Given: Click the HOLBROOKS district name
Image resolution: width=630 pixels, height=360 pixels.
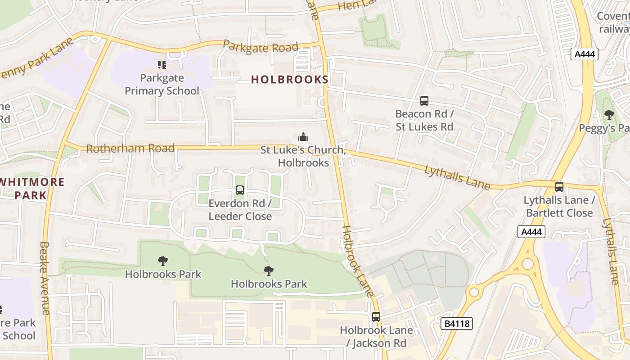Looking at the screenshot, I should pos(289,80).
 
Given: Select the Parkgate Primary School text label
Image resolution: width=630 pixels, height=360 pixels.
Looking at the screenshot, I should pos(162,84).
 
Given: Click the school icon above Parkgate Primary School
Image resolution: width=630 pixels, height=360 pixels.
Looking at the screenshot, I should pos(162,65).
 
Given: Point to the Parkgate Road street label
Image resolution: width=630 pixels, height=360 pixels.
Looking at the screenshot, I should pos(261,47).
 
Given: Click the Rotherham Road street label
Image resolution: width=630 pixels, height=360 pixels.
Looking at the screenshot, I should pos(130,148).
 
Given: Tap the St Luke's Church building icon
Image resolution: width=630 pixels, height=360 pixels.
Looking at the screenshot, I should pos(303,137).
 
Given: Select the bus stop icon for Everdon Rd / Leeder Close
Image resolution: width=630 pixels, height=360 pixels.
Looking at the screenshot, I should pos(240,190).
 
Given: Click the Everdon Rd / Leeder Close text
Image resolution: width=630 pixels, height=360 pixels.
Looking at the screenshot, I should pos(240,210).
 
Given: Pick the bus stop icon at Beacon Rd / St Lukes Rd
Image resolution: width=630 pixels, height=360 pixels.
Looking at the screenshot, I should pos(424,101).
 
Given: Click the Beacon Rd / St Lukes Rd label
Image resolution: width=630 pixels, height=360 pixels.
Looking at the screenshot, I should pos(424,120).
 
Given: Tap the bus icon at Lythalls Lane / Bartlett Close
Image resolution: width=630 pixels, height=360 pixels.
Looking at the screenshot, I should pos(559,187).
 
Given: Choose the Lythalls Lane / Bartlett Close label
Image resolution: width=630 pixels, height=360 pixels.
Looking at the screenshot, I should pos(559,206).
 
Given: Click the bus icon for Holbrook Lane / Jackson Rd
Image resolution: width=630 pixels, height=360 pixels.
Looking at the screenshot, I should pos(376,317).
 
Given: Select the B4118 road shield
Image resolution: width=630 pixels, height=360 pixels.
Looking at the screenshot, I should pos(456,323).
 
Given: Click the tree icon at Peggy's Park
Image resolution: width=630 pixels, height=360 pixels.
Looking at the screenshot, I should pos(609,115).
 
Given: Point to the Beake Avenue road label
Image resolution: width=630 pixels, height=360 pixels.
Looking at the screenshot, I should pos(44,278).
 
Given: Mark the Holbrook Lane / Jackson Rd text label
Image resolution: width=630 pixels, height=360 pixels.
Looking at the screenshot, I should pos(376,337).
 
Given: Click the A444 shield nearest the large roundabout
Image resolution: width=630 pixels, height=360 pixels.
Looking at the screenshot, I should pos(531,232).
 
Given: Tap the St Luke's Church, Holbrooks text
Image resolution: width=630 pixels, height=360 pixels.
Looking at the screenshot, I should pos(303,156).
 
